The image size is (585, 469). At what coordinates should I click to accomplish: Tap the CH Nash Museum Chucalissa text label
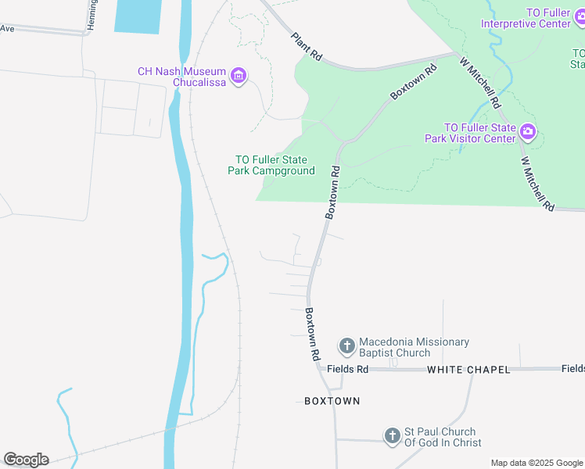(x=183, y=77)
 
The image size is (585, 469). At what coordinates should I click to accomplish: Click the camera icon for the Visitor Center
(x=529, y=132)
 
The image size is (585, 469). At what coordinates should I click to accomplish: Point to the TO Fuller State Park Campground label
(x=271, y=165)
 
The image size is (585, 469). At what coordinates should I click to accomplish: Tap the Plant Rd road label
(x=306, y=47)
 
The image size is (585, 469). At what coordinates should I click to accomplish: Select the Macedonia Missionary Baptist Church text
(x=414, y=347)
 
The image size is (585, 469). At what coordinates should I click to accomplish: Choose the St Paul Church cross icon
(x=393, y=435)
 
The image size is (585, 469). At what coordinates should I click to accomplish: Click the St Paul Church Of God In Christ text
(x=440, y=437)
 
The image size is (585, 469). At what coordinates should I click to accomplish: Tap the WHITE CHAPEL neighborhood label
(x=468, y=369)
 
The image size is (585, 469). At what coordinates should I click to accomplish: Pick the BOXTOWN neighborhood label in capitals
(x=332, y=401)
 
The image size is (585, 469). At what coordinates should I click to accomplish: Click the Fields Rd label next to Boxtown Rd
(x=347, y=369)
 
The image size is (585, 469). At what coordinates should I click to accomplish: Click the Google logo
(x=26, y=460)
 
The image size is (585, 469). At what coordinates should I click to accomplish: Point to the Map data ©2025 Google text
(x=537, y=463)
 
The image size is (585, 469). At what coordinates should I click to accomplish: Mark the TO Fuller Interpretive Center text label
(x=526, y=17)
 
